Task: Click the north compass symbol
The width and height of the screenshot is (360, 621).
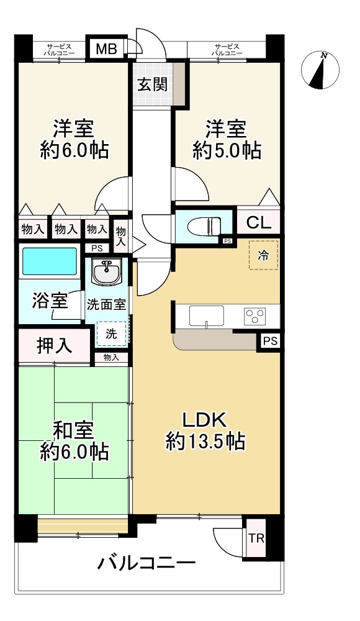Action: [x=320, y=71]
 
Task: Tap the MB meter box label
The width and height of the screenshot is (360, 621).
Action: [x=107, y=49]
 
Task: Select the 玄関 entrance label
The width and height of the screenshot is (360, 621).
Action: [x=153, y=84]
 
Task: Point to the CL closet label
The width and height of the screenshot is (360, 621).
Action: [x=259, y=223]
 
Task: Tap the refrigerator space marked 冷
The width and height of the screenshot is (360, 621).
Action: [x=263, y=255]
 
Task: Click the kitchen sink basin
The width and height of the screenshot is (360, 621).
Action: [x=206, y=315]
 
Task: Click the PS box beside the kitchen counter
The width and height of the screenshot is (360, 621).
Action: [x=271, y=341]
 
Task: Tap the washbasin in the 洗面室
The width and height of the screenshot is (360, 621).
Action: [x=106, y=272]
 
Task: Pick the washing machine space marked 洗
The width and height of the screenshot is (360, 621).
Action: [x=111, y=333]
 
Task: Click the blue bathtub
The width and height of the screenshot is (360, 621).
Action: [x=50, y=261]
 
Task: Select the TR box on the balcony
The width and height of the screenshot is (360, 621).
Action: [x=256, y=538]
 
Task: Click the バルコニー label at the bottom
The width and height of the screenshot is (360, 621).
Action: [x=147, y=563]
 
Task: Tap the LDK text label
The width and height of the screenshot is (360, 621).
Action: [x=204, y=420]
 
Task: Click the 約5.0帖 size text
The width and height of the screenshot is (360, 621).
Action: [x=227, y=150]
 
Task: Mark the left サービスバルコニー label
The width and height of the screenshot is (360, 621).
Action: [x=59, y=49]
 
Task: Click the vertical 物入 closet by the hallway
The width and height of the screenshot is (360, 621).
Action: [x=121, y=237]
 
